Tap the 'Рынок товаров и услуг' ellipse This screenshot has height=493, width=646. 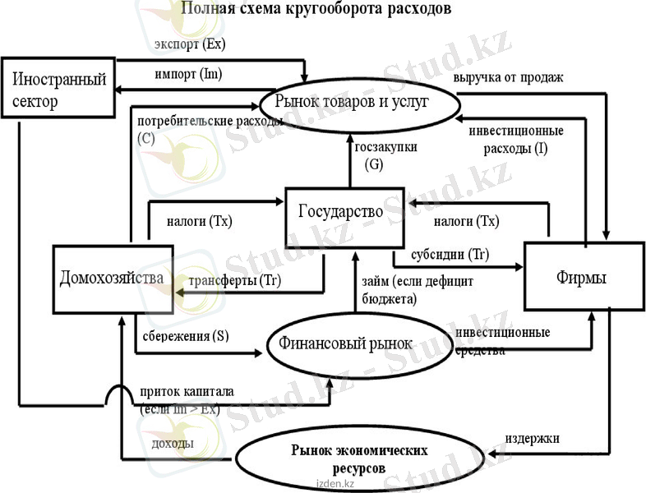(x=358, y=102)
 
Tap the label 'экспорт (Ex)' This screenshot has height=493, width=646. (x=190, y=42)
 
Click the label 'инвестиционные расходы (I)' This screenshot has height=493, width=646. (x=515, y=140)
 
